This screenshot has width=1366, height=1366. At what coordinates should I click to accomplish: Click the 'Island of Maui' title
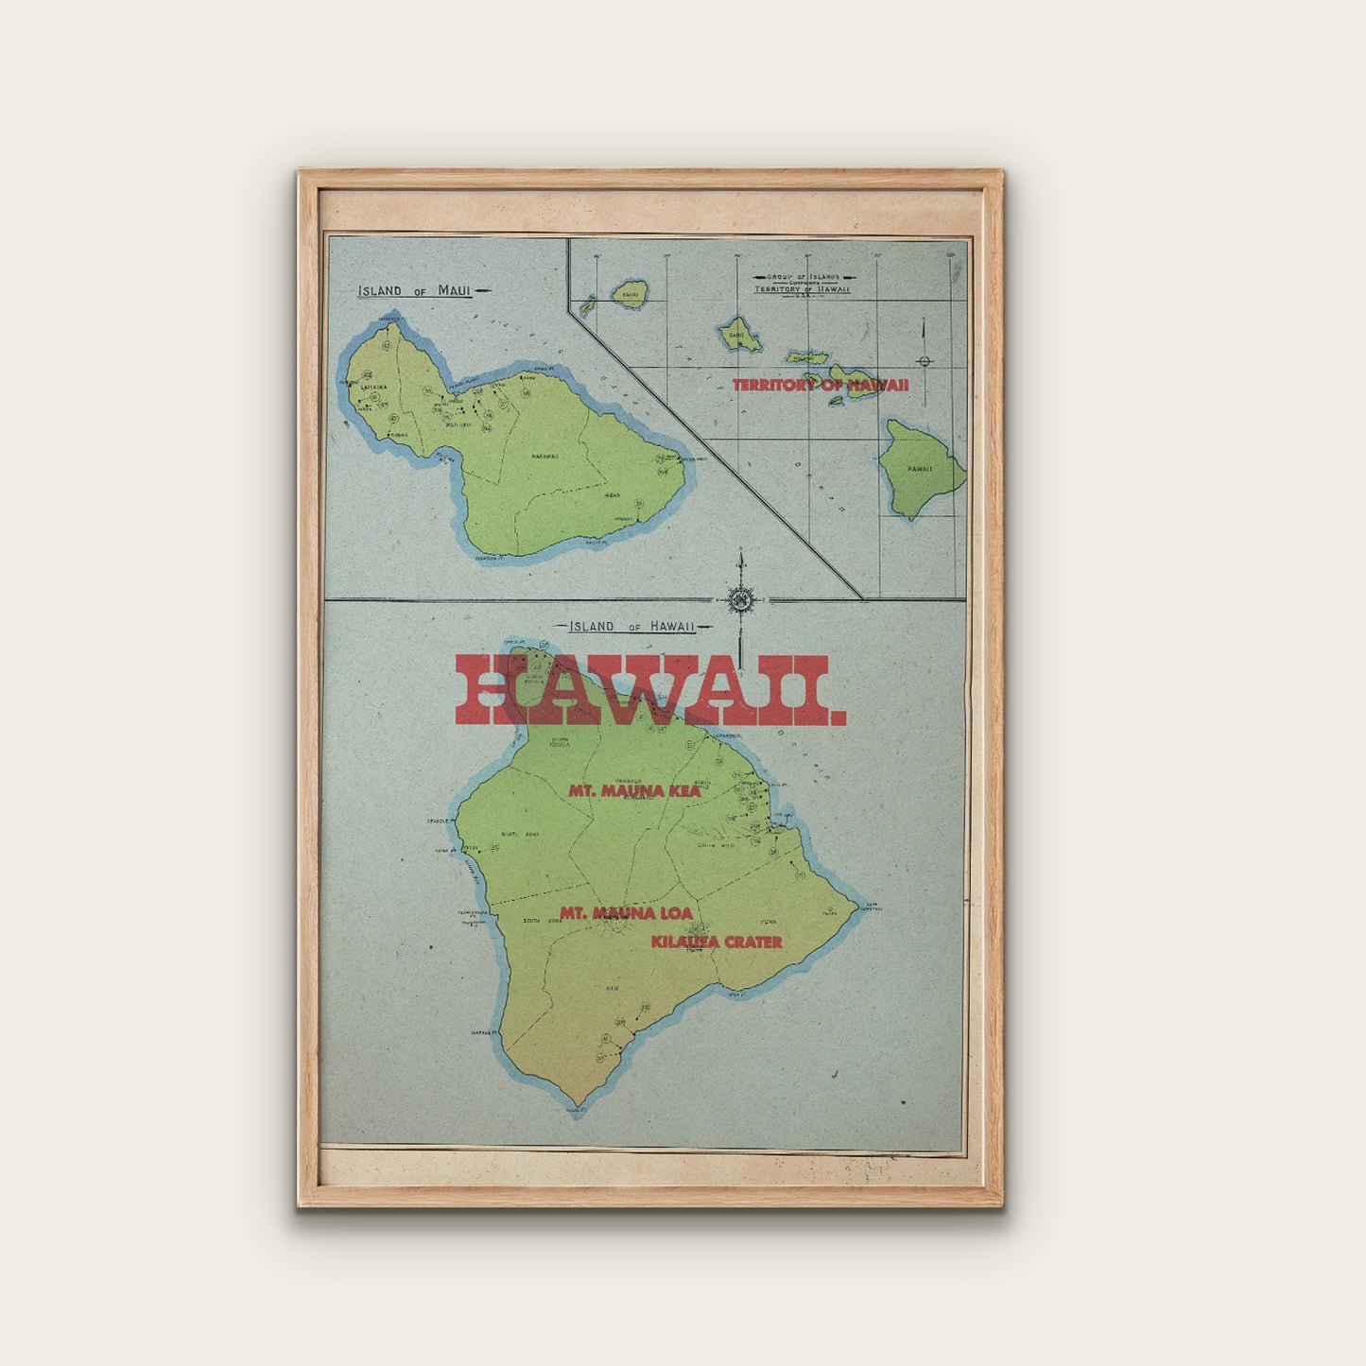pos(413,290)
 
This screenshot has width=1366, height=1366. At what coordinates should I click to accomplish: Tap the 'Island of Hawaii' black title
pos(631,626)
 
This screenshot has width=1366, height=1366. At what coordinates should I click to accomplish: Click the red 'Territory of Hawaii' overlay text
pos(821,385)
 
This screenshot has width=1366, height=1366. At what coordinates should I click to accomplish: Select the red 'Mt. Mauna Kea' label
pos(634,790)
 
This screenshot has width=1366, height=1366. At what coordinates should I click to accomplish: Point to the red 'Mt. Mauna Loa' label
pos(626,913)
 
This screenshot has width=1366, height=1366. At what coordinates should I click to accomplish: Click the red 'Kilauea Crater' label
pos(716,942)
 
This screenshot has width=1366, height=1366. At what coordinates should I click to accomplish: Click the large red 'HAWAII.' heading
pos(650,690)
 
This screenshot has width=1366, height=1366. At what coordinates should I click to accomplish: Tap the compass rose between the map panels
pos(741,599)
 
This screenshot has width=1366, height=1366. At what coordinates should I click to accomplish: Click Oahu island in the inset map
pos(737,333)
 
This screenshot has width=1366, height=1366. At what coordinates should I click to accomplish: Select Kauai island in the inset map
pos(630,293)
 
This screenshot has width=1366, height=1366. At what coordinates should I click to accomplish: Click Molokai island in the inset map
pos(806,357)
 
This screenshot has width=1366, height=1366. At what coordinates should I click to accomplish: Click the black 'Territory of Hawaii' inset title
pos(803,289)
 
